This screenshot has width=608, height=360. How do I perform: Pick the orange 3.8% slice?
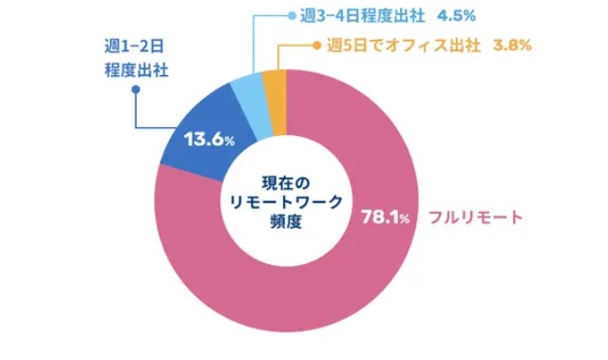pos(274,87)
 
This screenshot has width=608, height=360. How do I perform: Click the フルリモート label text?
pos(476,218)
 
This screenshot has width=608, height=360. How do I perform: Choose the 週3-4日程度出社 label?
pos(349,16)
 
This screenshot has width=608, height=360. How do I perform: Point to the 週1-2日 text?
pos(135,46)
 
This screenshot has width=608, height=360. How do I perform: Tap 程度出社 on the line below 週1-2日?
pos(135,69)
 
